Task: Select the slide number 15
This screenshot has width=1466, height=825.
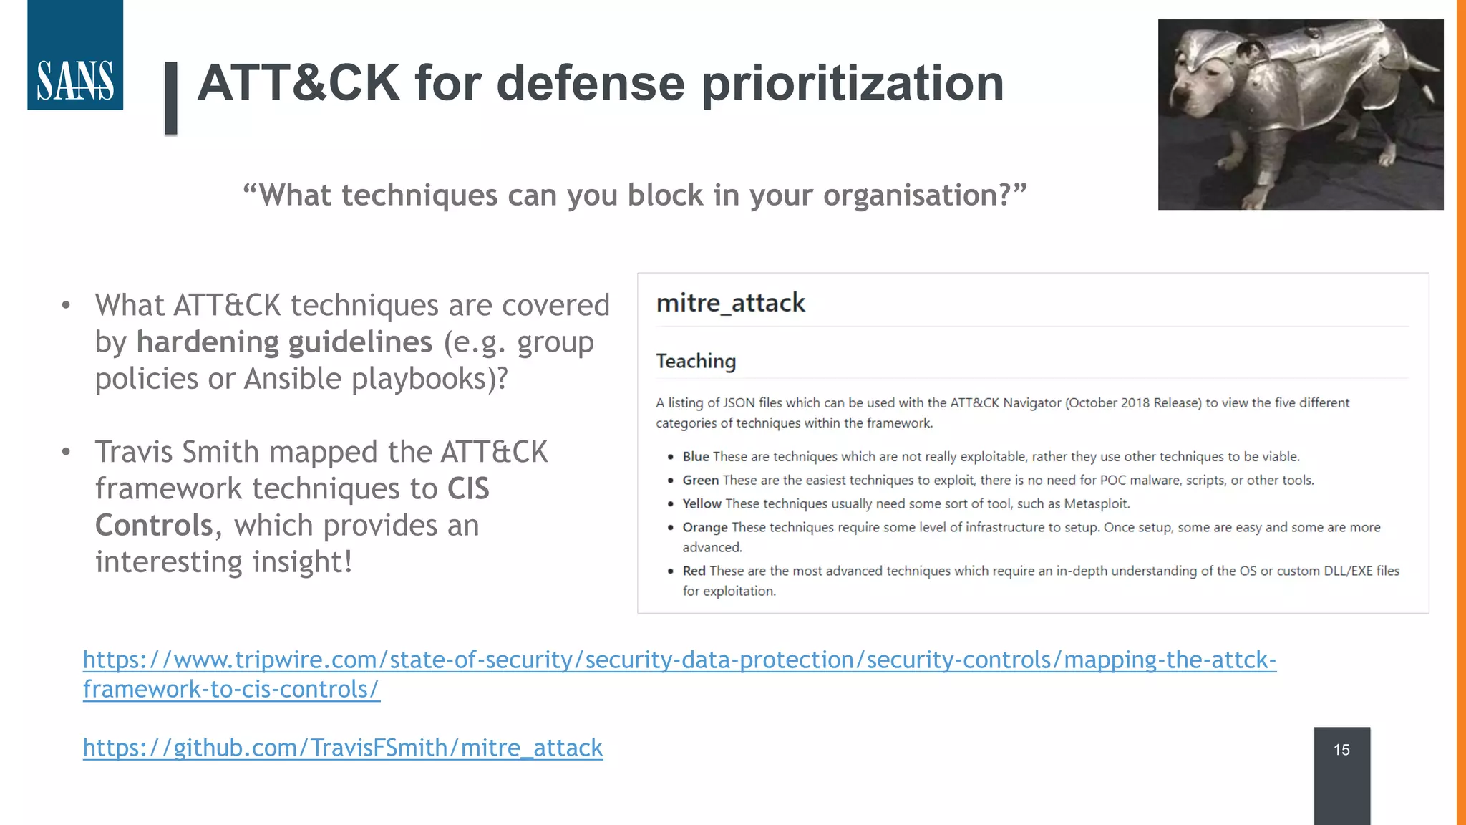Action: click(1341, 750)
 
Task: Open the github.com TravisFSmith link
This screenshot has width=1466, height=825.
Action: click(342, 748)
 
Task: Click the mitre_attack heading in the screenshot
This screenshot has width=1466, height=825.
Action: click(730, 303)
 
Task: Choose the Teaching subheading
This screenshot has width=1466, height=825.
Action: click(696, 361)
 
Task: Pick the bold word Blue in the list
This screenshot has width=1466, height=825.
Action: click(696, 457)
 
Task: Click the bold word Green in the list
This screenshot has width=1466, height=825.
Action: click(700, 481)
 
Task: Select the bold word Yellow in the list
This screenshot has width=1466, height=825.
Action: click(702, 504)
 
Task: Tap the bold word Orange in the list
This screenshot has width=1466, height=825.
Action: click(704, 528)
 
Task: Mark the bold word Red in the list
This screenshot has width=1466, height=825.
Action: click(694, 571)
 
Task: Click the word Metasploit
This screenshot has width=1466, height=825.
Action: click(1096, 504)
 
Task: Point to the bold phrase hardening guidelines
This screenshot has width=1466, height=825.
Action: click(284, 342)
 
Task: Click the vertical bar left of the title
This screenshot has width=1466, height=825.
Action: click(171, 98)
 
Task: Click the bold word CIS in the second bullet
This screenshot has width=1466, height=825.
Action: click(468, 489)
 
